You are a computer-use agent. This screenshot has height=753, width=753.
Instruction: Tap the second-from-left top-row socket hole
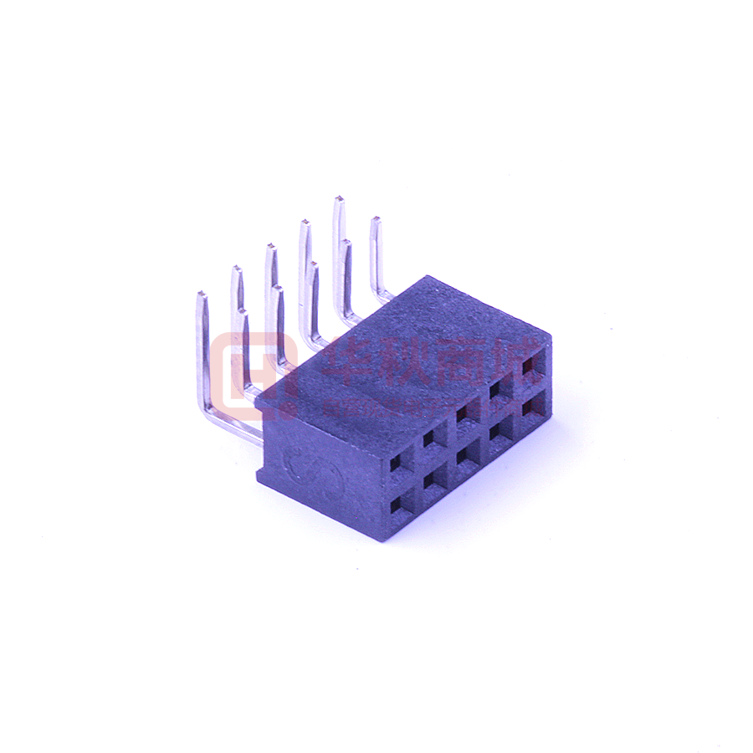[432, 437]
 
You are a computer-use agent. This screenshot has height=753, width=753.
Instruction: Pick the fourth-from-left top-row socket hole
[497, 388]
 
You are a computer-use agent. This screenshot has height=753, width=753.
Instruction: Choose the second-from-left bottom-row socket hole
[433, 480]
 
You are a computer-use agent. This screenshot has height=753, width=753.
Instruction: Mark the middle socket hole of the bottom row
[464, 456]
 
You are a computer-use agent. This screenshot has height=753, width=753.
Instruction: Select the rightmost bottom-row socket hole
[530, 407]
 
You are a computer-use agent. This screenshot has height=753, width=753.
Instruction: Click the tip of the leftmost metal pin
[201, 295]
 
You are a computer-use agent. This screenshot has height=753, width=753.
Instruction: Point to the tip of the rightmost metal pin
[376, 221]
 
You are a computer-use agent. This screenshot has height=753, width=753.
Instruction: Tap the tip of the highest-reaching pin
[339, 200]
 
